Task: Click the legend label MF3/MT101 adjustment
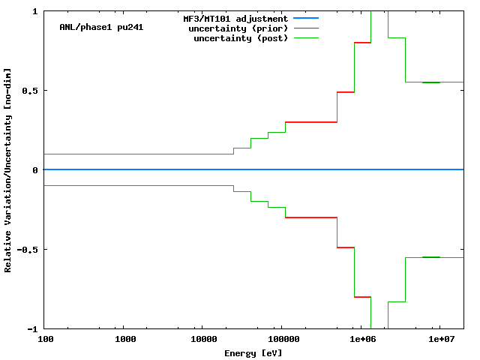pyautogui.click(x=235, y=18)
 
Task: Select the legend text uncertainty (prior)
pyautogui.click(x=241, y=28)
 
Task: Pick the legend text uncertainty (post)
pyautogui.click(x=241, y=38)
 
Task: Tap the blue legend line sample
pyautogui.click(x=307, y=18)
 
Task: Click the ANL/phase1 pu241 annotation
pyautogui.click(x=101, y=27)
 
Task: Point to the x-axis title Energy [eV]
pyautogui.click(x=253, y=352)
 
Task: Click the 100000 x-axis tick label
pyautogui.click(x=280, y=339)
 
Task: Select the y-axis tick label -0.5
pyautogui.click(x=28, y=250)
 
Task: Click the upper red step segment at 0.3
pyautogui.click(x=311, y=121)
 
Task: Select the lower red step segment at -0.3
pyautogui.click(x=311, y=217)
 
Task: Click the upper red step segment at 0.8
pyautogui.click(x=362, y=43)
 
